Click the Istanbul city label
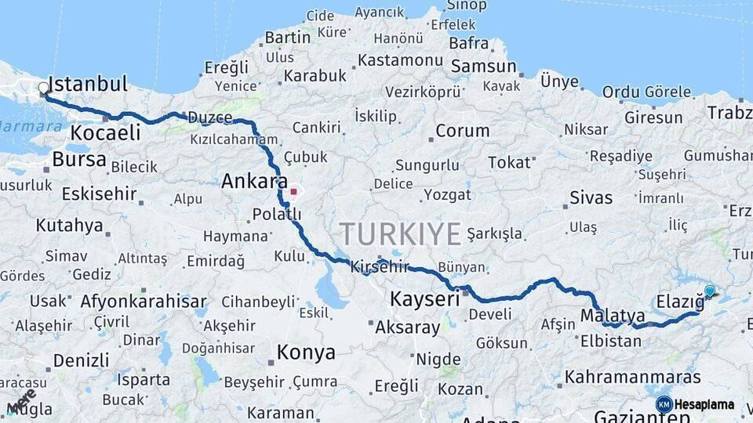[88, 84]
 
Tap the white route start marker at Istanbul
[44, 89]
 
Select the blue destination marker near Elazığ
[710, 291]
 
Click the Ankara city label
[254, 182]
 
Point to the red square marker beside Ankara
[294, 191]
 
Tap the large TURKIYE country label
[400, 233]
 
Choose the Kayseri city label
[424, 299]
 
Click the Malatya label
[613, 316]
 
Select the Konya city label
[306, 353]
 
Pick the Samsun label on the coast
[483, 67]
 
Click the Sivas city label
[591, 197]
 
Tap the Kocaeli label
[105, 133]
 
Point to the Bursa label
[79, 160]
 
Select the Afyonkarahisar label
[144, 302]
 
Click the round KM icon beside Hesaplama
[664, 404]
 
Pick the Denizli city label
[82, 360]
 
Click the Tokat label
[510, 162]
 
